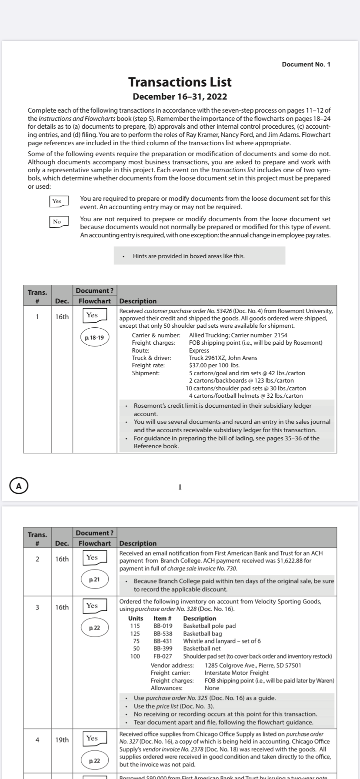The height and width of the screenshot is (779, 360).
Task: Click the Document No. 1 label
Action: point(306,64)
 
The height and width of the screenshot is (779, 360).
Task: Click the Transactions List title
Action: point(180,82)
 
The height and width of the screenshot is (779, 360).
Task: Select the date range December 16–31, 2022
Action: point(180,96)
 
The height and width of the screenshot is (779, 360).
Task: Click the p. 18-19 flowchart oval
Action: point(94,337)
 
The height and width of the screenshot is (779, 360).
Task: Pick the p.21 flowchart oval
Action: point(94,579)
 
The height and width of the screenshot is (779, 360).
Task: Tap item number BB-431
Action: point(163,641)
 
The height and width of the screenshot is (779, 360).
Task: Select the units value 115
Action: point(135,626)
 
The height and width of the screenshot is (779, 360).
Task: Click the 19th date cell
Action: point(62,740)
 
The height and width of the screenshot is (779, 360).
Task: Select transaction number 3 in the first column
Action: point(37,607)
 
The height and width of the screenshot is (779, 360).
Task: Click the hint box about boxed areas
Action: point(200,256)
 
